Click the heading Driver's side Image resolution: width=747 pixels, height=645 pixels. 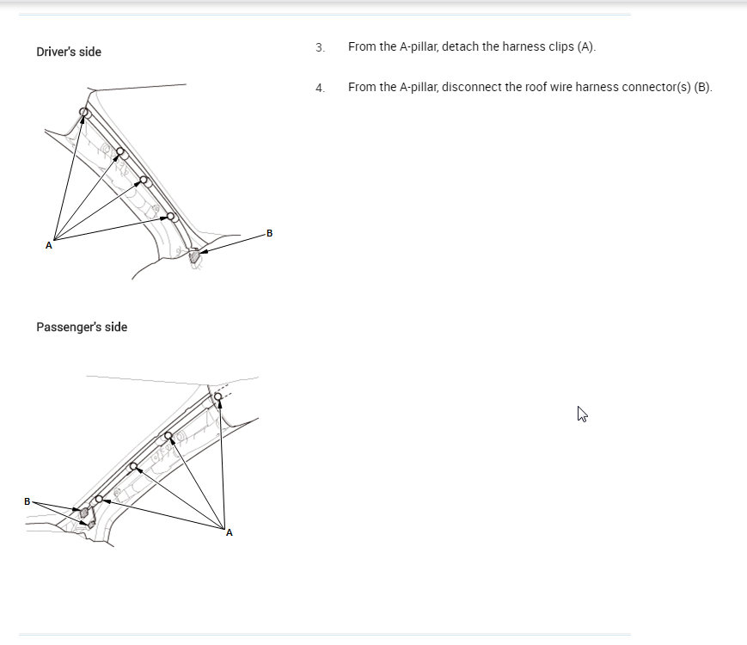pos(69,52)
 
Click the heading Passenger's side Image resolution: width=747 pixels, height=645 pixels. pos(82,327)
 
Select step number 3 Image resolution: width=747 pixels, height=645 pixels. pos(320,47)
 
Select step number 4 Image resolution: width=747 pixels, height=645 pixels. pos(320,88)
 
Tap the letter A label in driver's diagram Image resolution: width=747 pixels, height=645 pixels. pos(49,246)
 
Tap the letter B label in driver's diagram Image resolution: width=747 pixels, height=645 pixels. pos(270,233)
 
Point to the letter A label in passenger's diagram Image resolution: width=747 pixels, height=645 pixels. pos(230,533)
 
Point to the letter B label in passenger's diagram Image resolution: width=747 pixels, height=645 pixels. pos(28,501)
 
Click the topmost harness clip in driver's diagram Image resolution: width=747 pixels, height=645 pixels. pos(84,113)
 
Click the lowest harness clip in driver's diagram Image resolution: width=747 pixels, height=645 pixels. pos(171,217)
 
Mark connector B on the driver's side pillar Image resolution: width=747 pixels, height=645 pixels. pos(195,255)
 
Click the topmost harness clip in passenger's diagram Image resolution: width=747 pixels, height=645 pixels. pos(218,396)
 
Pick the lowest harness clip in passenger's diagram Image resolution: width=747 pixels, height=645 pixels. pos(99,499)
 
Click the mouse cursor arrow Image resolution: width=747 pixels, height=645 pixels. pos(582,414)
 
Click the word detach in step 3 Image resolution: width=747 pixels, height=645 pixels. pos(461,46)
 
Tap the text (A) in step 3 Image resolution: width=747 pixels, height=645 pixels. pos(586,46)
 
